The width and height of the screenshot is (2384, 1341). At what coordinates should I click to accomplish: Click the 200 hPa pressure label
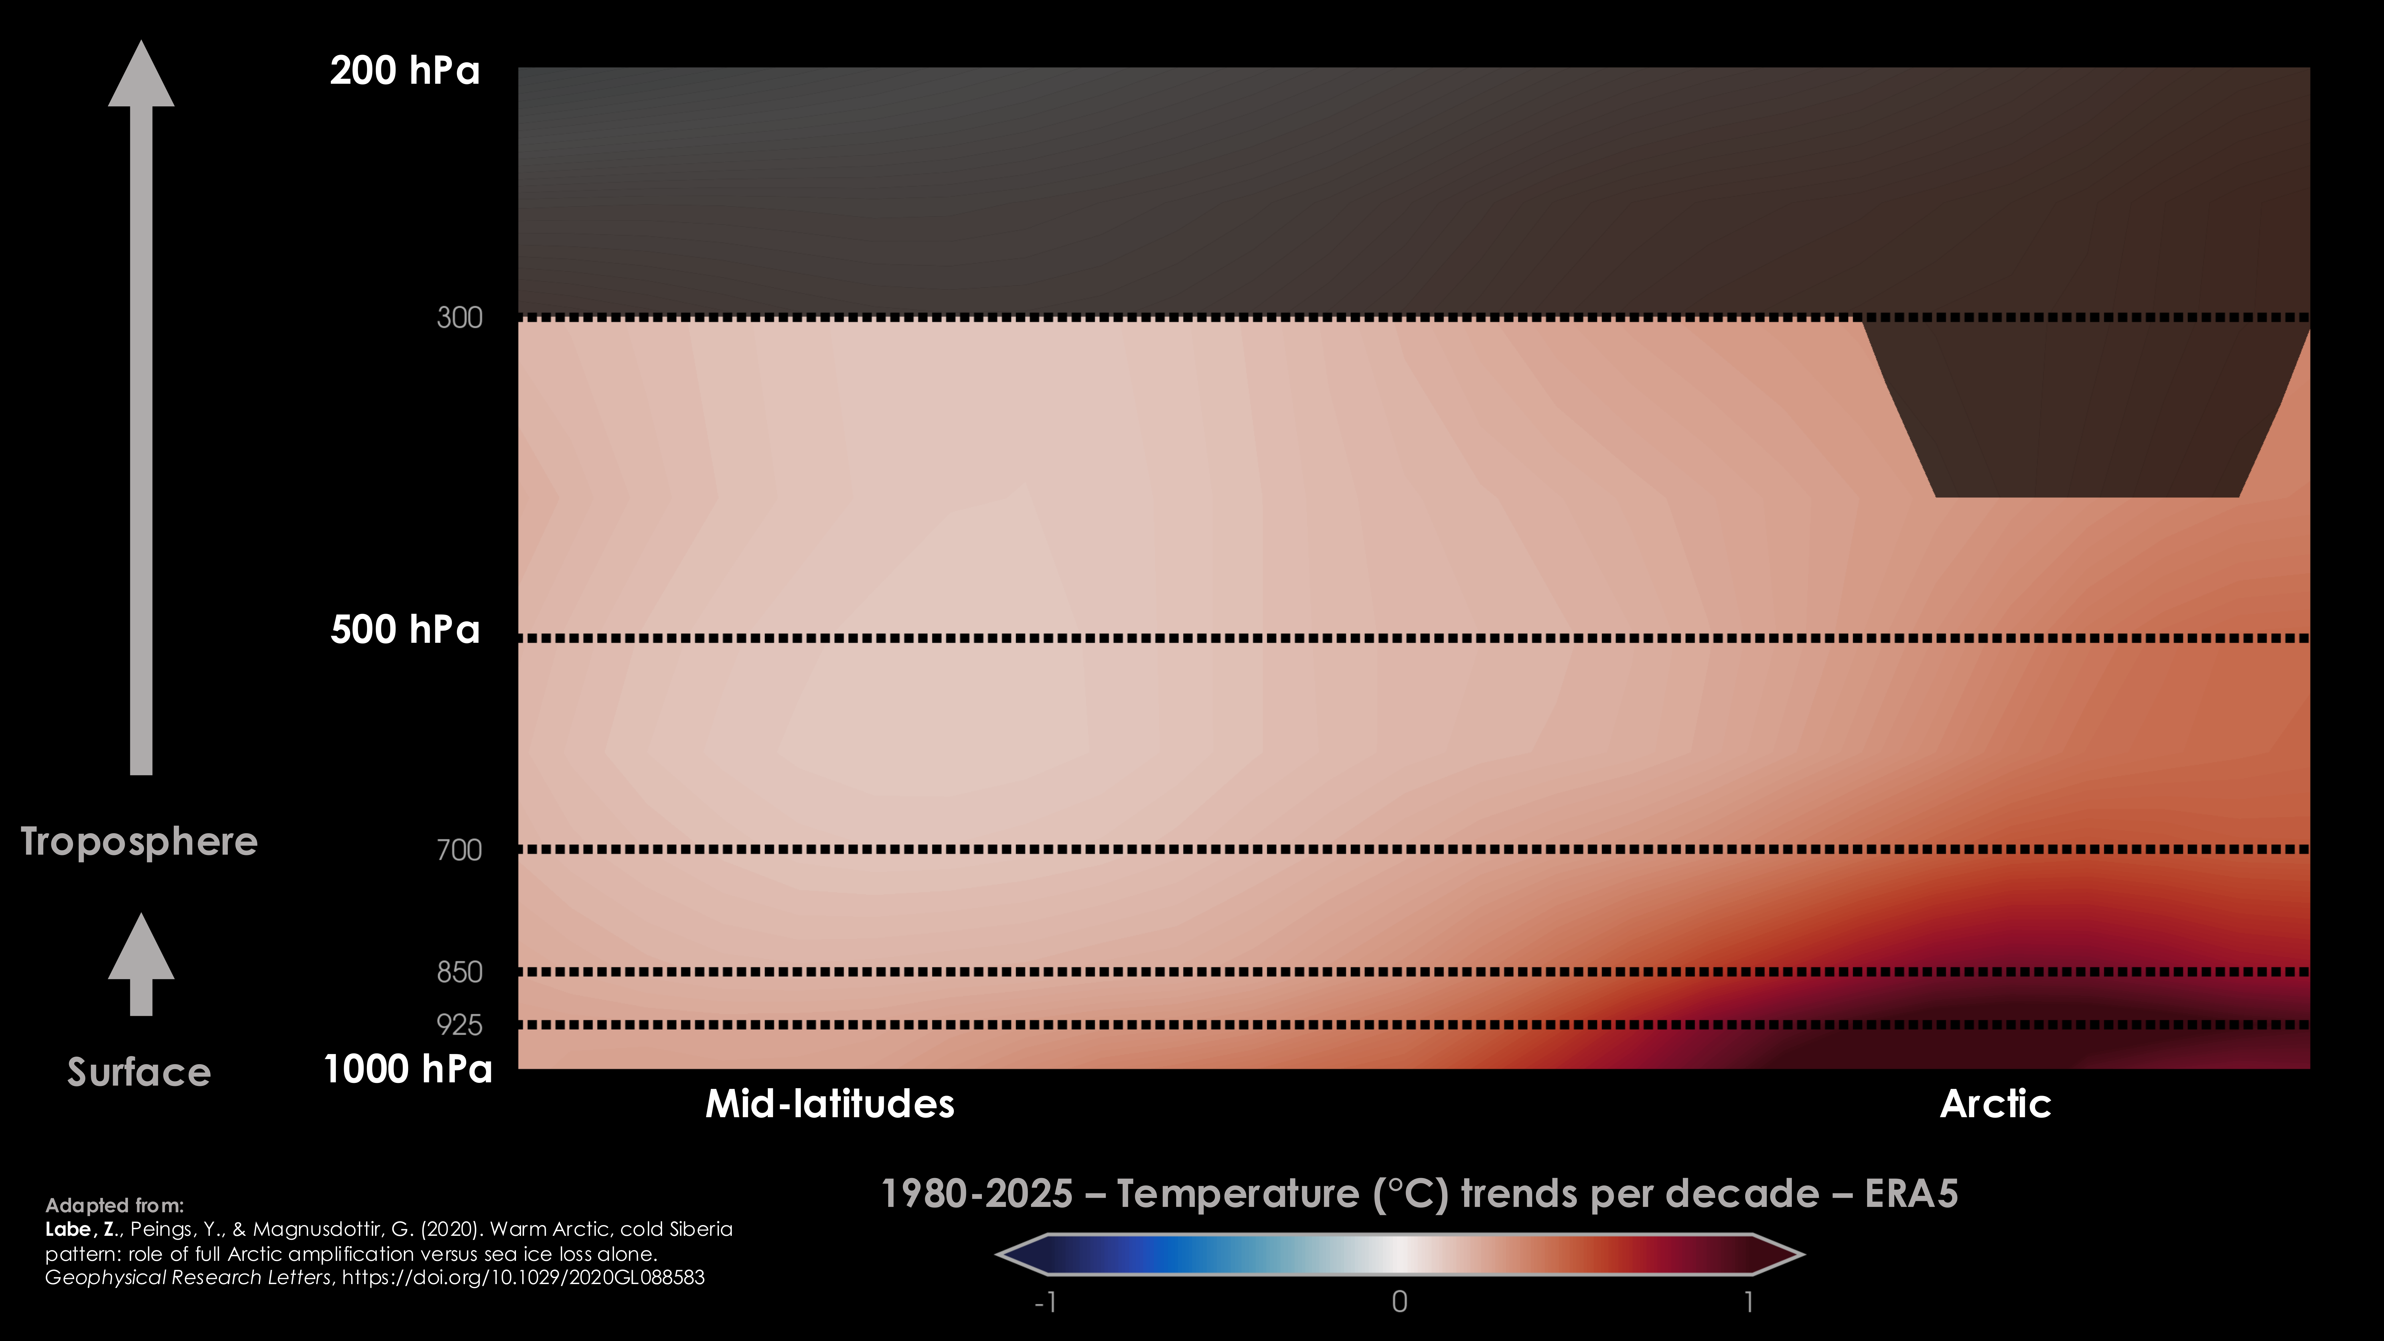pyautogui.click(x=405, y=70)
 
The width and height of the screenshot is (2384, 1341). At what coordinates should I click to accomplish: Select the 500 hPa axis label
pyautogui.click(x=405, y=629)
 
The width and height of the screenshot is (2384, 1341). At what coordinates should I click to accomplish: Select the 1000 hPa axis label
pyautogui.click(x=408, y=1069)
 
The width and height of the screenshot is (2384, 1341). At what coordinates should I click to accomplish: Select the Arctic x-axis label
pyautogui.click(x=1995, y=1103)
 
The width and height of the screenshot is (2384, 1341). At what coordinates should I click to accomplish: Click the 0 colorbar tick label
pyautogui.click(x=1399, y=1302)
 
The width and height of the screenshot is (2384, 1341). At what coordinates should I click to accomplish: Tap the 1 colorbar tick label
pyautogui.click(x=1748, y=1302)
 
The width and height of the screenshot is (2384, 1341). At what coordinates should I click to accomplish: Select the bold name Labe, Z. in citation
pyautogui.click(x=81, y=1229)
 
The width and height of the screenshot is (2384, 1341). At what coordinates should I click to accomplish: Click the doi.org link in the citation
pyautogui.click(x=523, y=1277)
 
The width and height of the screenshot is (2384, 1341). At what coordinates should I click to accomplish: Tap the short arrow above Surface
pyautogui.click(x=141, y=964)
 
